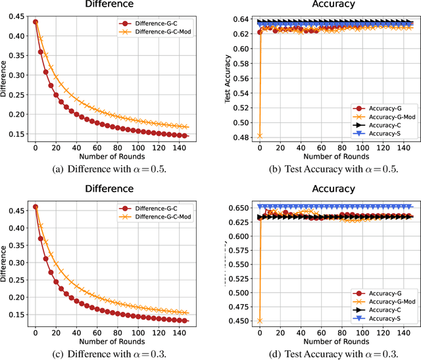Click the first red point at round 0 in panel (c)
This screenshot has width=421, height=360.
tap(35, 207)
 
